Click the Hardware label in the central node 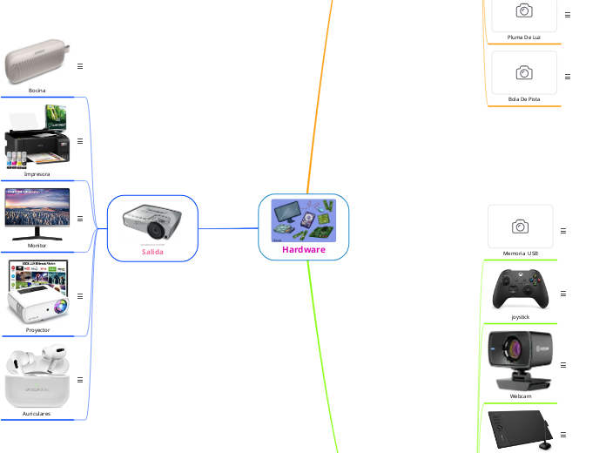303,249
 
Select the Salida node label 152,252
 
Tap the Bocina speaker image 37,61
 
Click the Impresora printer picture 37,137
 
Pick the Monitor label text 37,246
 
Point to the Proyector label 37,330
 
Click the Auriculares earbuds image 37,377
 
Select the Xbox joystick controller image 521,288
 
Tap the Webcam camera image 520,361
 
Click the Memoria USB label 521,254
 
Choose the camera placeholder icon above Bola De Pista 524,72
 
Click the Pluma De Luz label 524,37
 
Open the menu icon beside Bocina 80,66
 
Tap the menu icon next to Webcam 563,364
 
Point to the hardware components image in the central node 303,220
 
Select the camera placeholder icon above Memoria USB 521,226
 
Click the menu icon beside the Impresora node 80,141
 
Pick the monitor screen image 37,213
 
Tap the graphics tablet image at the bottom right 520,429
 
